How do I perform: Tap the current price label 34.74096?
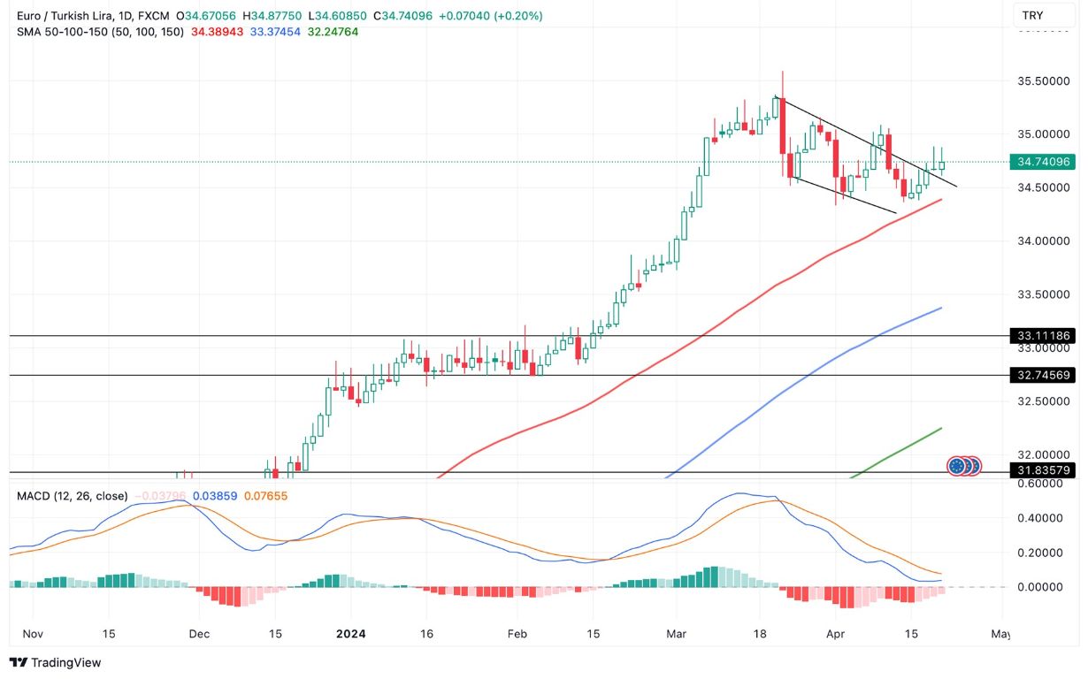1044,162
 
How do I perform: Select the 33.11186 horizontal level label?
1044,336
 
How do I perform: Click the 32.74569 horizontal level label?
1044,376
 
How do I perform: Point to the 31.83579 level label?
1044,471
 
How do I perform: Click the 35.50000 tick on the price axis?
1044,80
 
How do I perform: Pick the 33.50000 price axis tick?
1044,294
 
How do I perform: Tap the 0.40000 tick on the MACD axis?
1044,518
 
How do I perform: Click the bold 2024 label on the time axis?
351,634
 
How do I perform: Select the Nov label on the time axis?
32,634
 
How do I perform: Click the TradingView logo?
55,662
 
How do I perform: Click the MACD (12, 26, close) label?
72,496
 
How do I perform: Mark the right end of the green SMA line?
940,428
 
